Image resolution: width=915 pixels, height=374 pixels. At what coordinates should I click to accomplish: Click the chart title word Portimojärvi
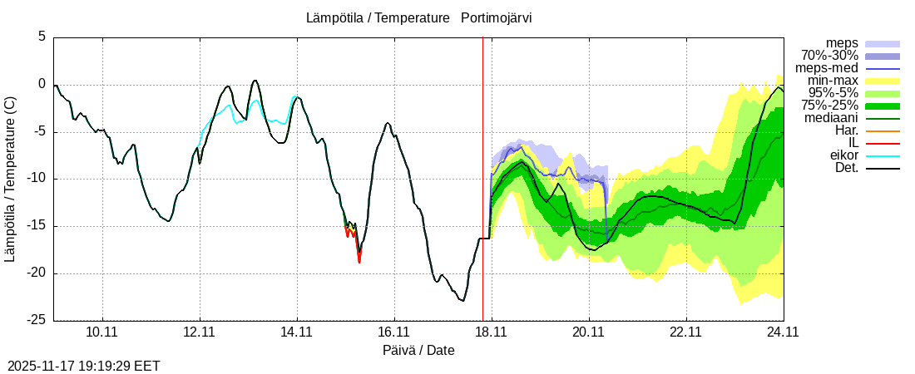497,17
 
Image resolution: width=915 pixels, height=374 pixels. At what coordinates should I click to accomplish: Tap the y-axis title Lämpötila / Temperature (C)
10,179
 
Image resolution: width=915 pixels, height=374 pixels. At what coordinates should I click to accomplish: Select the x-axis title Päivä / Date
418,350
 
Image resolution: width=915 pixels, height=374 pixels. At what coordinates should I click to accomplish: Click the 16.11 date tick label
393,332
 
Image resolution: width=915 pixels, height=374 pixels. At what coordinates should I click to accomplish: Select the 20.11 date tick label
588,332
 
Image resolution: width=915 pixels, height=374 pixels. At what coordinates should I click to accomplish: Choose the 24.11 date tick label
783,332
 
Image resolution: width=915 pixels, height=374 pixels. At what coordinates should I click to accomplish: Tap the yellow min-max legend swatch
883,81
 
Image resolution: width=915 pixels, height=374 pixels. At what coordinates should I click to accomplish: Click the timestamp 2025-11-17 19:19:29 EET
84,366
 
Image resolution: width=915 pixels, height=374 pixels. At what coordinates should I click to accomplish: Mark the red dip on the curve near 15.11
359,259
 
